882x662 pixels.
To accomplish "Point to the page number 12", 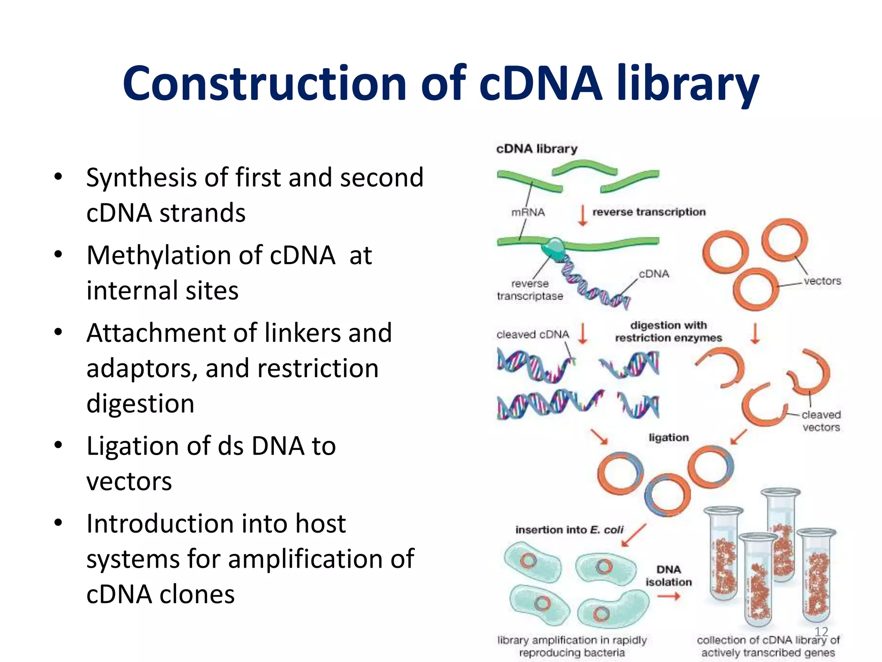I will click(x=821, y=631).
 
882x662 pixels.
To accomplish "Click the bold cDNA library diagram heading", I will click(x=537, y=149).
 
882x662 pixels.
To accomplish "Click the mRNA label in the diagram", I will click(x=528, y=212).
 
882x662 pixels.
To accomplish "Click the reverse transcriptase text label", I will click(x=530, y=290).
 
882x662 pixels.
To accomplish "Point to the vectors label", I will click(x=822, y=281).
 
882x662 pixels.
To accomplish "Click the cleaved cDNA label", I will click(x=533, y=334).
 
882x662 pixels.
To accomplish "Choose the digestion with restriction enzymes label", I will click(x=668, y=331).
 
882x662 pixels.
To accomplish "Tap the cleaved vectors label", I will click(x=821, y=421).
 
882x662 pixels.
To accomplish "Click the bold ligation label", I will click(x=668, y=437).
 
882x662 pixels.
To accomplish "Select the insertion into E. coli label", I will click(x=569, y=530).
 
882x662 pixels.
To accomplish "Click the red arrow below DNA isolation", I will click(x=668, y=596).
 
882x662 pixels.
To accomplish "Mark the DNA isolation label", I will click(x=668, y=576).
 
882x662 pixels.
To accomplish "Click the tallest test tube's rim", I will click(x=780, y=492).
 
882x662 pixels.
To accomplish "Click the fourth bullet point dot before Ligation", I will click(x=58, y=445).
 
